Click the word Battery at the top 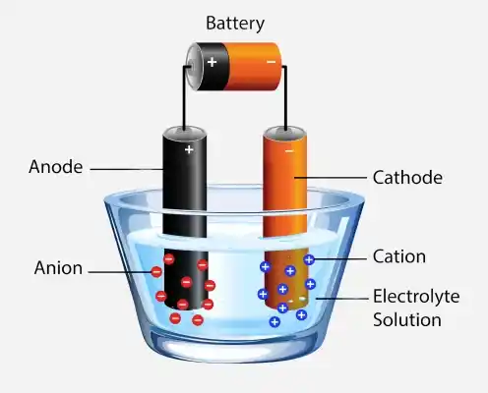(235, 24)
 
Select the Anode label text (56, 167)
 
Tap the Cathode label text (407, 178)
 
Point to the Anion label (58, 268)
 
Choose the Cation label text (399, 256)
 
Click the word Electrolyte (416, 297)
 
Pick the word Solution (407, 319)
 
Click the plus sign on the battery (212, 62)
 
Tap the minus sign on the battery (272, 62)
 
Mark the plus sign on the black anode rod (189, 149)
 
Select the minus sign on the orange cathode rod (289, 151)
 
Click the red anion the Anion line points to (156, 272)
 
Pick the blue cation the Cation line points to (309, 259)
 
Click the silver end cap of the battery (193, 66)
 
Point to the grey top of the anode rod (185, 133)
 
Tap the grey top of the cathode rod (285, 133)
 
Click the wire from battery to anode (184, 98)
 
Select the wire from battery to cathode (285, 98)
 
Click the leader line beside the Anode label (127, 169)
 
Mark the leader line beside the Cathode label (331, 178)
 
